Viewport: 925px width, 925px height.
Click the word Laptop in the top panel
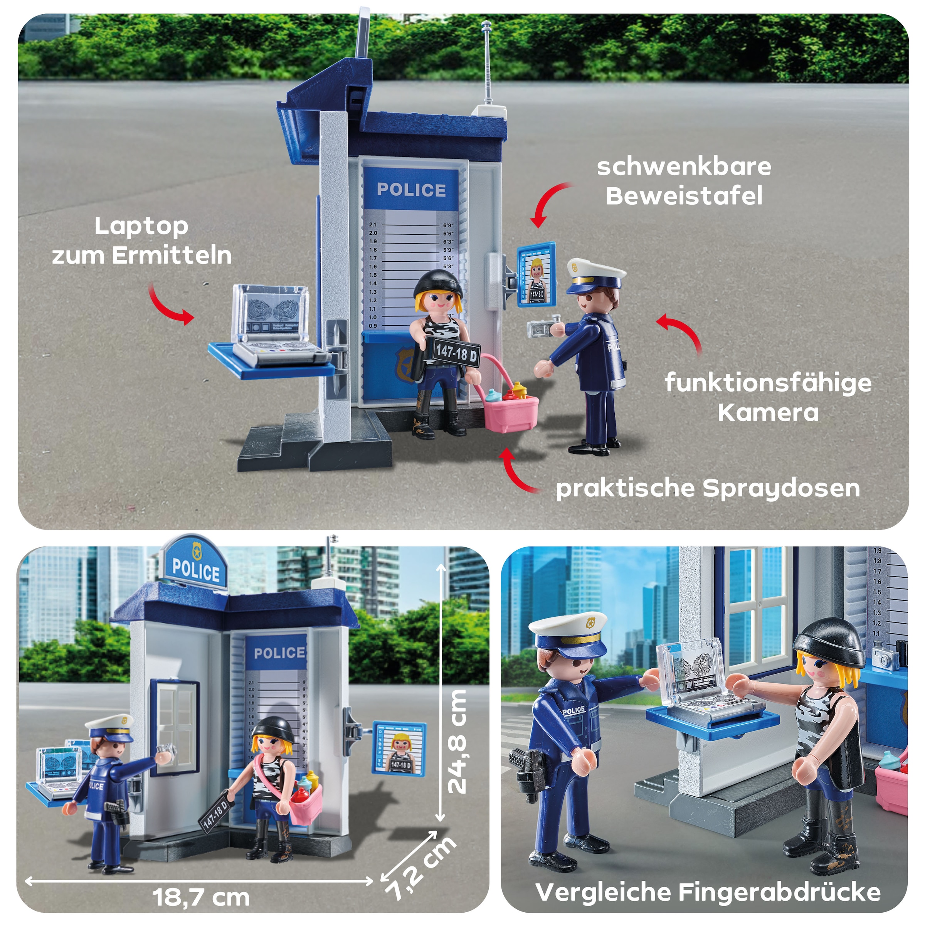(141, 227)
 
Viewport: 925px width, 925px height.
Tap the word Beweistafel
(684, 196)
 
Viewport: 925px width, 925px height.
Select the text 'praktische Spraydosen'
(708, 488)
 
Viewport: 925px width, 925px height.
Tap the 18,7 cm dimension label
(202, 897)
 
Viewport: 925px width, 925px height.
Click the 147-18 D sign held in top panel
(456, 354)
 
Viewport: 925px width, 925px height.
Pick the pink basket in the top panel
(511, 410)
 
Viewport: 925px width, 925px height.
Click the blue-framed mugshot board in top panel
(537, 275)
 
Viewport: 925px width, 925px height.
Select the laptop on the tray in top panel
(273, 326)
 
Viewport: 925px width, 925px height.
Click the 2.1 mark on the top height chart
(373, 224)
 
